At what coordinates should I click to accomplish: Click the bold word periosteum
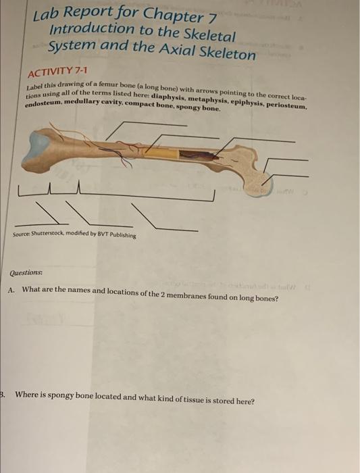click(x=286, y=107)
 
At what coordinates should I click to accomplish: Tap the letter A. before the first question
click(x=11, y=289)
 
